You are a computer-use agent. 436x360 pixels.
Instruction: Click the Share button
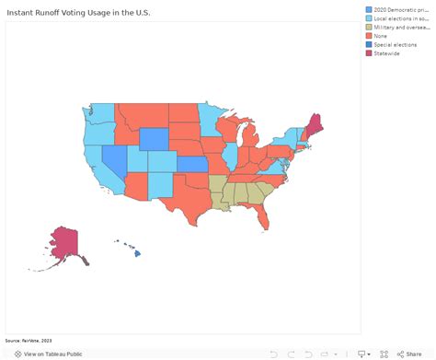[x=409, y=354]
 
